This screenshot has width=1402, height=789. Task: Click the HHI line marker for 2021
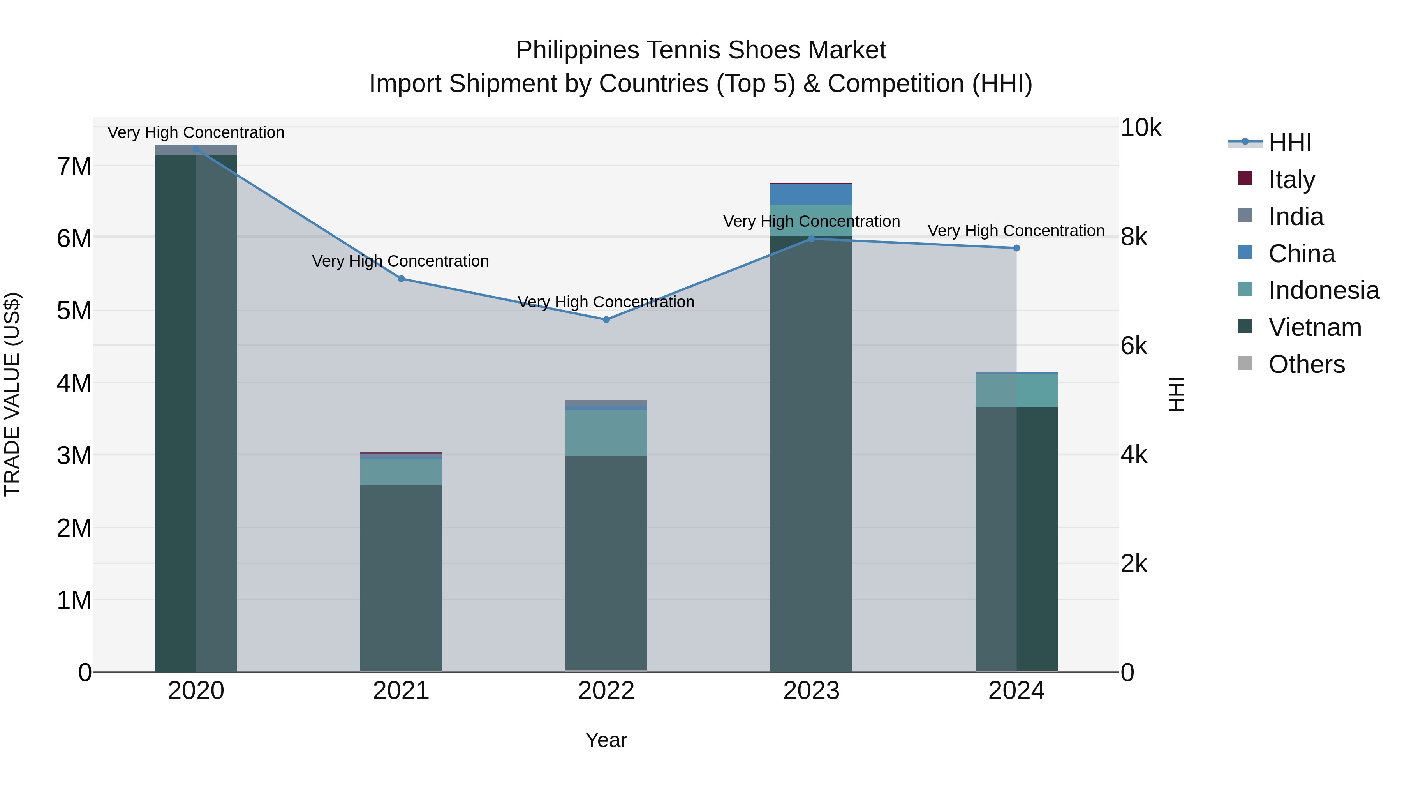tap(401, 279)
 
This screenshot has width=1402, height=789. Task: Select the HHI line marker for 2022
tap(606, 319)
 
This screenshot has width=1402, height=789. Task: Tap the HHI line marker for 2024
tap(1016, 248)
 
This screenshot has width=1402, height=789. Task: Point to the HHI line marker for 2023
tap(811, 238)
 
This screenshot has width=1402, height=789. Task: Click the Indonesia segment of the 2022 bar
tap(606, 433)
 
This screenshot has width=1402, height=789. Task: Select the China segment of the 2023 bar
tap(811, 194)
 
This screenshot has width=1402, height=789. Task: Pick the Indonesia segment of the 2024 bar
tap(1016, 390)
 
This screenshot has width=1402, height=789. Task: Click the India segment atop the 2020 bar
tap(196, 150)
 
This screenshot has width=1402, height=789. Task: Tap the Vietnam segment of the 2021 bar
tap(401, 577)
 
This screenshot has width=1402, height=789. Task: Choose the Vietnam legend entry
tap(1314, 327)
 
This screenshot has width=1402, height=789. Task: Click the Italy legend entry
tap(1291, 180)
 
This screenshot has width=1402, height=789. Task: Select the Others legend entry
tap(1306, 364)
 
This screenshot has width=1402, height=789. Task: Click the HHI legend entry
tap(1289, 143)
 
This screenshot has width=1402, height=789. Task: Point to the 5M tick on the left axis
tap(74, 311)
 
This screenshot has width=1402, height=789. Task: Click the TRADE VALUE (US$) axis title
tap(12, 394)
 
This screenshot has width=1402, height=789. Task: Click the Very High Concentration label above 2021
tap(400, 261)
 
